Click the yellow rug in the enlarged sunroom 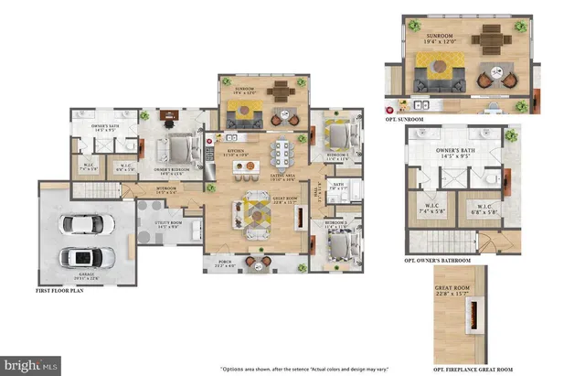(437, 68)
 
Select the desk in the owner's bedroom (167, 116)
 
